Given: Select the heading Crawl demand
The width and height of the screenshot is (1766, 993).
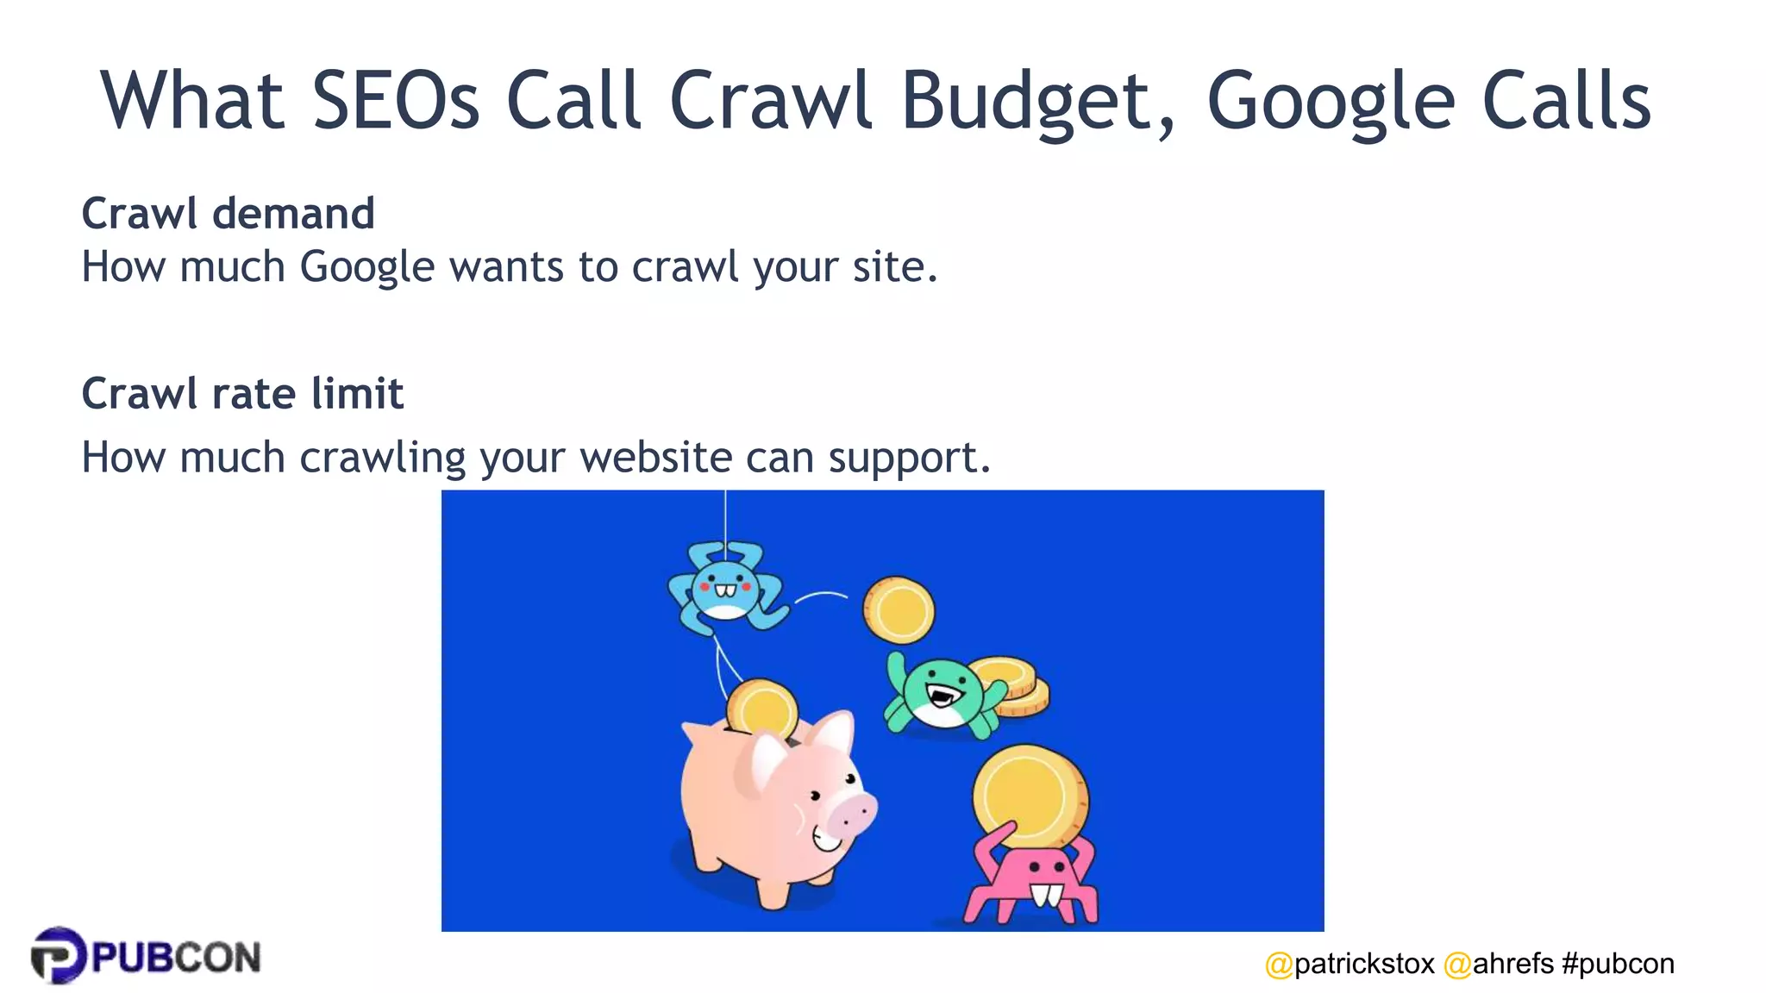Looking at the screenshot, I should point(228,213).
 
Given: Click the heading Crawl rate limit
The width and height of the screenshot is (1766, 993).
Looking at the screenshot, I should point(242,394).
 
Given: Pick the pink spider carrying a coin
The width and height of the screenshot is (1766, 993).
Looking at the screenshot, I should point(1030,884).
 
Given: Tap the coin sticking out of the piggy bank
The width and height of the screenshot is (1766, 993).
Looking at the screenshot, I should point(761,707).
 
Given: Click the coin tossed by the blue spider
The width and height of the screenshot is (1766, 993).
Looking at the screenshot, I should point(899,610).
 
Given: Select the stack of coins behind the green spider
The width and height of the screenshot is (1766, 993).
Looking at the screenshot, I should point(1018,686).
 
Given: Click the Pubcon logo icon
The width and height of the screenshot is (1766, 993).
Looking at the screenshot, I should point(59,955).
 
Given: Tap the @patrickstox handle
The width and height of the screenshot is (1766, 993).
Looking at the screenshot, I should point(1349,964).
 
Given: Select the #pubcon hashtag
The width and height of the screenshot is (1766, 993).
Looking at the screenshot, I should point(1618,964).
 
